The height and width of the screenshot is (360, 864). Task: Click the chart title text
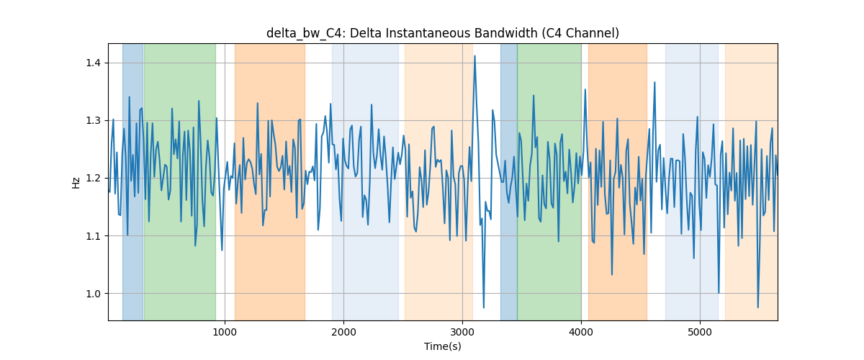point(442,33)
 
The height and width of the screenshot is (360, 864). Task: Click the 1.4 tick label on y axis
point(93,63)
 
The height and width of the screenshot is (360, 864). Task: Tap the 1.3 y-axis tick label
point(93,120)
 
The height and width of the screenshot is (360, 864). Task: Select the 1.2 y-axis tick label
point(93,179)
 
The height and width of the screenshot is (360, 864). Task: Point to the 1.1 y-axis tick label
point(93,235)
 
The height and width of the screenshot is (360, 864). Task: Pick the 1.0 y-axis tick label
point(93,294)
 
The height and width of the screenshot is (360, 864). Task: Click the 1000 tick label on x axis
point(225,332)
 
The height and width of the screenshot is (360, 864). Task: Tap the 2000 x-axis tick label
point(343,332)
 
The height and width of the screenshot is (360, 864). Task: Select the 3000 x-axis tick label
point(462,332)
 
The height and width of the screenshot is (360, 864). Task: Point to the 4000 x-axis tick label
point(581,332)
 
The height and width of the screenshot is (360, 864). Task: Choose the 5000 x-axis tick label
point(700,332)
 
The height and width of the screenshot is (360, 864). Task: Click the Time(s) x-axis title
point(443,346)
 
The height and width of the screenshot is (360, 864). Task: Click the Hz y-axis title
point(76,182)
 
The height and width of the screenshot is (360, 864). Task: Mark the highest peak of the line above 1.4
point(474,56)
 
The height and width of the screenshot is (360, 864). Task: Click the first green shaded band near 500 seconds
point(180,181)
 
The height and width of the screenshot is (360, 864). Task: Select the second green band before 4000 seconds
point(549,181)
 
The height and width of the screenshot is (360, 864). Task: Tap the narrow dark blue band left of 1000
point(132,181)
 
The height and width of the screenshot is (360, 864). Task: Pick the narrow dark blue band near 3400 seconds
point(509,181)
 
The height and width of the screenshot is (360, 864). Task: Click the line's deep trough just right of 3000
point(484,307)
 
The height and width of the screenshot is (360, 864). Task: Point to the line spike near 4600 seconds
point(654,82)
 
